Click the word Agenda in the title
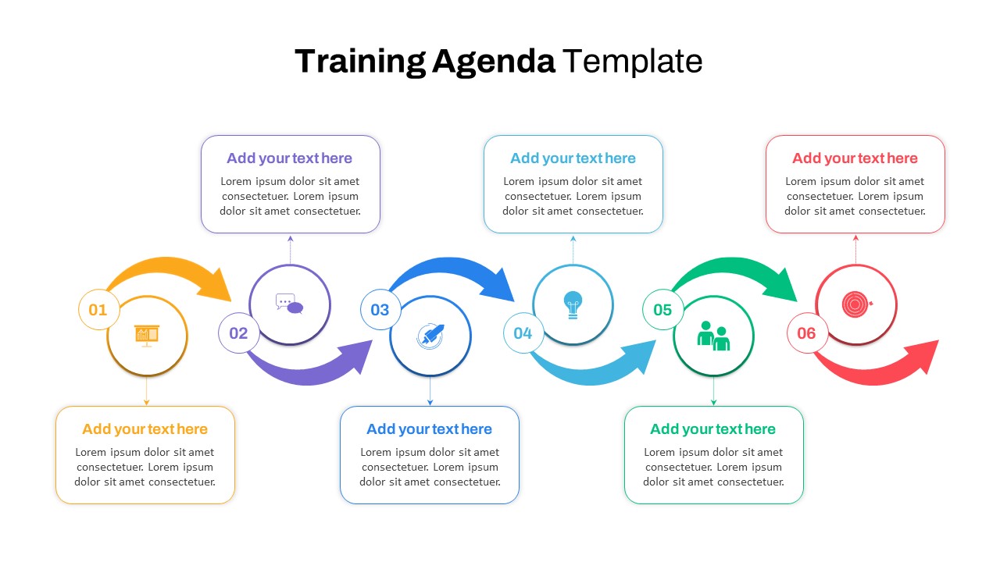click(x=493, y=62)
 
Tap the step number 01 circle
click(x=98, y=310)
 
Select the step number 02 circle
click(x=238, y=333)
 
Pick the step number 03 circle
click(x=380, y=310)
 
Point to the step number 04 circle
click(x=523, y=333)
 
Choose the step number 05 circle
click(x=662, y=310)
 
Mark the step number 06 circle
click(x=806, y=333)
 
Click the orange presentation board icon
click(x=147, y=335)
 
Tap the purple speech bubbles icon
click(x=289, y=304)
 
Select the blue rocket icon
click(x=430, y=336)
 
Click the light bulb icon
click(x=573, y=304)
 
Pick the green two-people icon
click(x=713, y=336)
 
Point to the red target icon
click(x=855, y=304)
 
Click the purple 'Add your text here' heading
click(x=290, y=158)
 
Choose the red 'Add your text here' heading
click(x=855, y=158)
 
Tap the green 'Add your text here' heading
click(x=712, y=429)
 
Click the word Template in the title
click(x=632, y=62)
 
